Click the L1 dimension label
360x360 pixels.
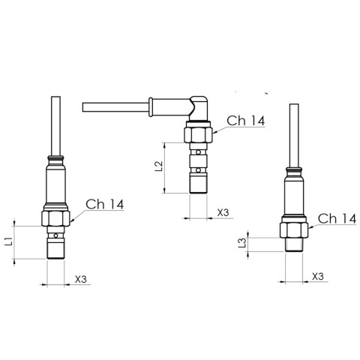9,241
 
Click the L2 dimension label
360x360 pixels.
159,166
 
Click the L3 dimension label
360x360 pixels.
242,242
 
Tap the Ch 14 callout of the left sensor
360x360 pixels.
105,204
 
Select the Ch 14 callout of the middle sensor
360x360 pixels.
245,121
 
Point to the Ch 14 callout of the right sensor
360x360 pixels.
337,218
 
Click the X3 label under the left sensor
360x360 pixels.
81,279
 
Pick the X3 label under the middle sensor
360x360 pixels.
223,213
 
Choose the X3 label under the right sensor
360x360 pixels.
318,276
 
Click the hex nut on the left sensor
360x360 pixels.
55,218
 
